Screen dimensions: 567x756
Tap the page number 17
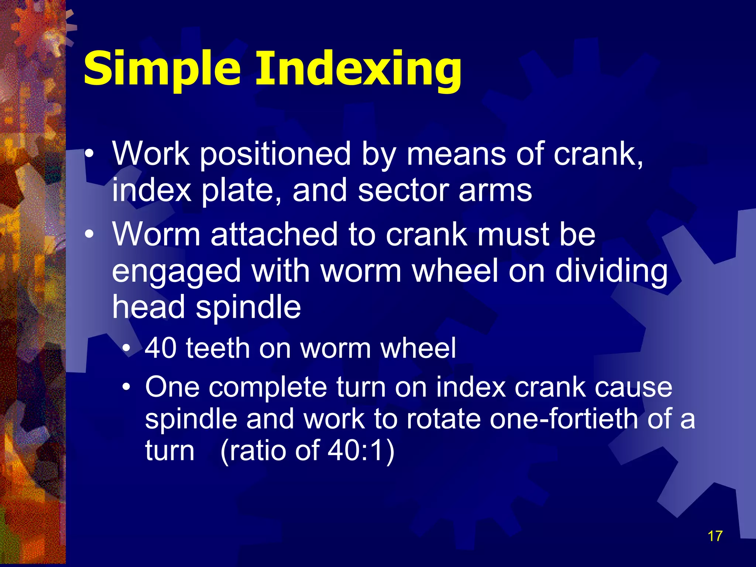coord(715,536)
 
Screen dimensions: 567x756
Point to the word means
coord(456,154)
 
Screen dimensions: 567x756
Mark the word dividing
coord(611,272)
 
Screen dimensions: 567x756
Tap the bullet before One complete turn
coord(127,387)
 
